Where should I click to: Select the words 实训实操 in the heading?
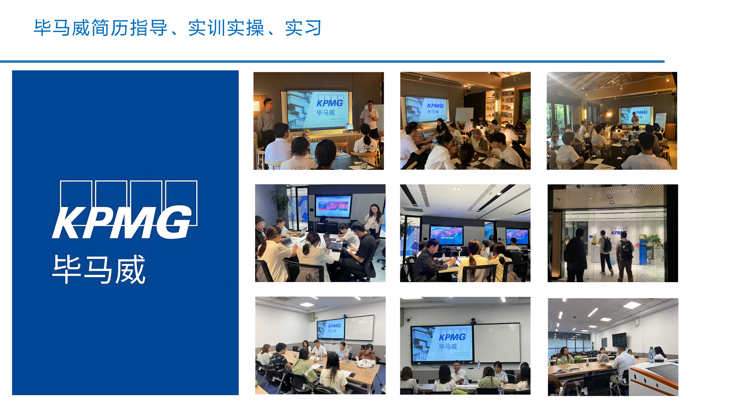pyautogui.click(x=226, y=28)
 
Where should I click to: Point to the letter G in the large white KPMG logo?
pyautogui.click(x=174, y=222)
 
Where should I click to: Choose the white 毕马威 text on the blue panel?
pyautogui.click(x=99, y=269)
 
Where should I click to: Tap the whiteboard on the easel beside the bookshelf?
pyautogui.click(x=464, y=115)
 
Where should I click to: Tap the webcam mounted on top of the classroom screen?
pyautogui.click(x=473, y=320)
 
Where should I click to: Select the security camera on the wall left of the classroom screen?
pyautogui.click(x=408, y=319)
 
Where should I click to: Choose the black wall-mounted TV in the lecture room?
pyautogui.click(x=619, y=340)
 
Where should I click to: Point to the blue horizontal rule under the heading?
pyautogui.click(x=332, y=61)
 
